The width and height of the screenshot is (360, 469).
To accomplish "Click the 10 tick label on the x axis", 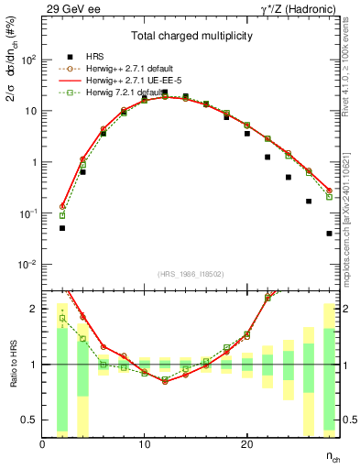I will tap(145, 444).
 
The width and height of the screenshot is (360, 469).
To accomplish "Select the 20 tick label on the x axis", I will tap(246, 444).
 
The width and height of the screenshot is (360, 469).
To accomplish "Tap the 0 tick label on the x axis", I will tap(43, 444).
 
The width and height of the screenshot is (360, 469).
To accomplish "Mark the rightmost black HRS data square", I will tap(329, 234).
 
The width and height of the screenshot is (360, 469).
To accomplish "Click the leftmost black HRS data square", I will tap(62, 228).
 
